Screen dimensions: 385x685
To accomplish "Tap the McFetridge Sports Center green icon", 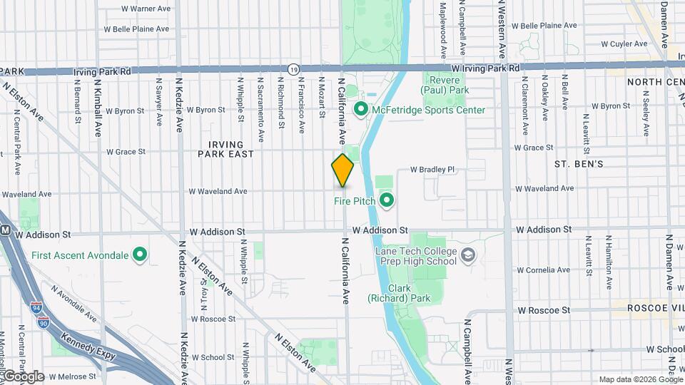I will (x=361, y=110).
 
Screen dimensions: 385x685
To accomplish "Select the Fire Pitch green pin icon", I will (x=387, y=200).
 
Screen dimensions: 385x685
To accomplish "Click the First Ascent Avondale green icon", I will (x=141, y=255).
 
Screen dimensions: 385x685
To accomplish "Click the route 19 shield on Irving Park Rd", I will (x=293, y=68).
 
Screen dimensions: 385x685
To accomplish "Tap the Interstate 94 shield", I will (x=36, y=307).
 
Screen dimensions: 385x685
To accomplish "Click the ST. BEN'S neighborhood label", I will (x=579, y=164).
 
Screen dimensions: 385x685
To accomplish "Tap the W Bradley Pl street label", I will (x=432, y=170).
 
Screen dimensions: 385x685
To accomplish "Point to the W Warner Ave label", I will (x=146, y=9).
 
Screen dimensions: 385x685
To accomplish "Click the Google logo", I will (x=23, y=376).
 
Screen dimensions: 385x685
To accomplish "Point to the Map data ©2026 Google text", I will (x=640, y=379).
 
